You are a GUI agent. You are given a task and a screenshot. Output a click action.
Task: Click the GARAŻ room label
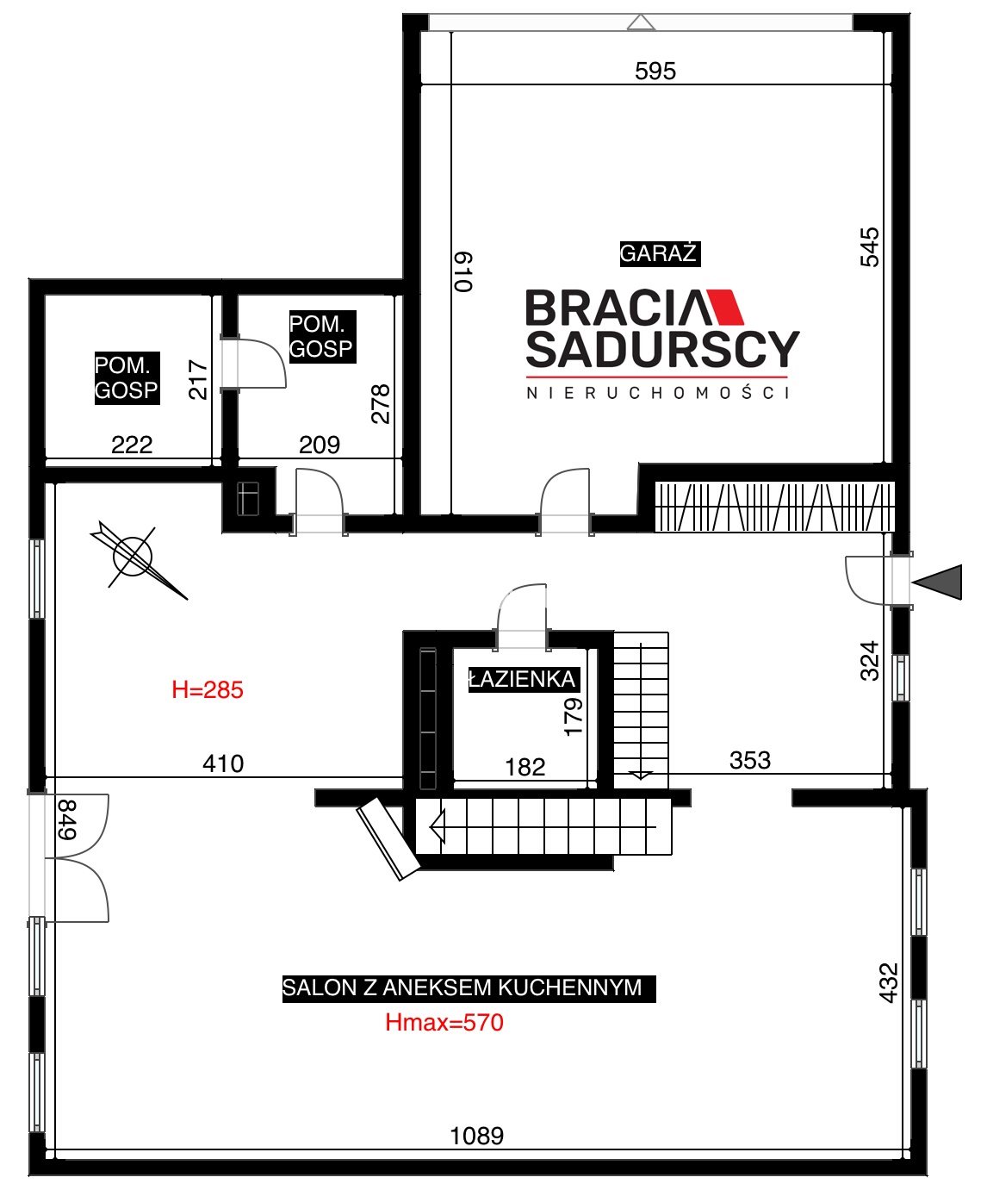660,253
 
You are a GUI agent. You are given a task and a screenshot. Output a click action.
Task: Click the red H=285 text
208,689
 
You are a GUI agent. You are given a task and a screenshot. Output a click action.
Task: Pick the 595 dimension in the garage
655,71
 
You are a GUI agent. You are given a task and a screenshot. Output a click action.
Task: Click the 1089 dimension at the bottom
477,1136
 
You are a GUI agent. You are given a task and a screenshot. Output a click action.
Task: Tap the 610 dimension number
463,271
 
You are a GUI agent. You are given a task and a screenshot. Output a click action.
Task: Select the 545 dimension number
869,247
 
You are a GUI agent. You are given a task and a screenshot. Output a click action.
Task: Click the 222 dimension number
132,445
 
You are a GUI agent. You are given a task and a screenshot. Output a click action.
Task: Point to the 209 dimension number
320,445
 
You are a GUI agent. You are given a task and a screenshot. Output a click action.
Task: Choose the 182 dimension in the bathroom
525,767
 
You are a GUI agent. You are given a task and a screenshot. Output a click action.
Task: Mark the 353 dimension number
750,760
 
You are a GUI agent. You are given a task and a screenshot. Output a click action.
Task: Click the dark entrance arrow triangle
937,582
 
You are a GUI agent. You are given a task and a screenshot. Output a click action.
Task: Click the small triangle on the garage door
642,22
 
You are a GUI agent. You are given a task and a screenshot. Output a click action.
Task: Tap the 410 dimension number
223,763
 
